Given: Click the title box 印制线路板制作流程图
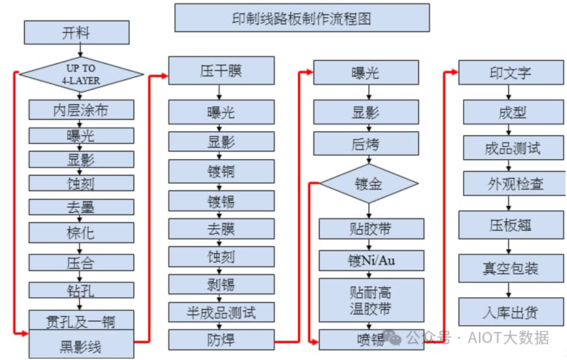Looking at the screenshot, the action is tap(302, 18).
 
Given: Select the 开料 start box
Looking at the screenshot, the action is tap(77, 33).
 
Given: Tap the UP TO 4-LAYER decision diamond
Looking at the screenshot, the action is tap(81, 74).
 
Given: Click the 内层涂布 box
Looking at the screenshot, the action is tap(81, 110).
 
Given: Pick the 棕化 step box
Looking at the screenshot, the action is tap(81, 233).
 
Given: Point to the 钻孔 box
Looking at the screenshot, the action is tap(81, 290).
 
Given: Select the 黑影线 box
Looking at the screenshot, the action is tap(81, 344).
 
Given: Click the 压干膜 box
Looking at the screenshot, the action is tap(221, 70).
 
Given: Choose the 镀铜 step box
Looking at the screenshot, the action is tap(221, 171).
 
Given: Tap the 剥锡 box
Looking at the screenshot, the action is tap(221, 284).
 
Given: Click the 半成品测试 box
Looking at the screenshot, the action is tap(221, 312).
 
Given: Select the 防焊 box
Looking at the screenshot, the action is tap(221, 340).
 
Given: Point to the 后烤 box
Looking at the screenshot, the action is tap(366, 143).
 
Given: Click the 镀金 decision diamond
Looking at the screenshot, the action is tap(369, 184).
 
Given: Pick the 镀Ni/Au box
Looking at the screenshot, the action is tap(372, 260).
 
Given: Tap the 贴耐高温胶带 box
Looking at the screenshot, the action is tap(372, 300).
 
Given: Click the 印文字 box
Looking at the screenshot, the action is tap(511, 72).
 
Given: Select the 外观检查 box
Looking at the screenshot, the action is tap(514, 184).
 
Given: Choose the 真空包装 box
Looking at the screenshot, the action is tap(511, 268).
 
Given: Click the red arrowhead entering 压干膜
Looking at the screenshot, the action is tap(165, 76).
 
